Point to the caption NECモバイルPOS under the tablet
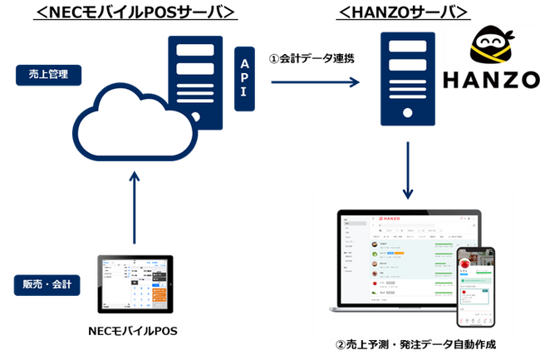click(x=133, y=331)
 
